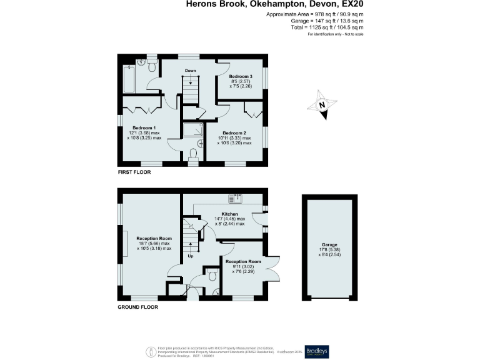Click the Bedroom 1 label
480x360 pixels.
point(144,127)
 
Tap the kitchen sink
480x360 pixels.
point(236,199)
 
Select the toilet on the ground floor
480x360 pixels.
point(212,275)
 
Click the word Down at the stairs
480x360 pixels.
point(191,71)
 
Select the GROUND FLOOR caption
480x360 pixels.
point(138,307)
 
